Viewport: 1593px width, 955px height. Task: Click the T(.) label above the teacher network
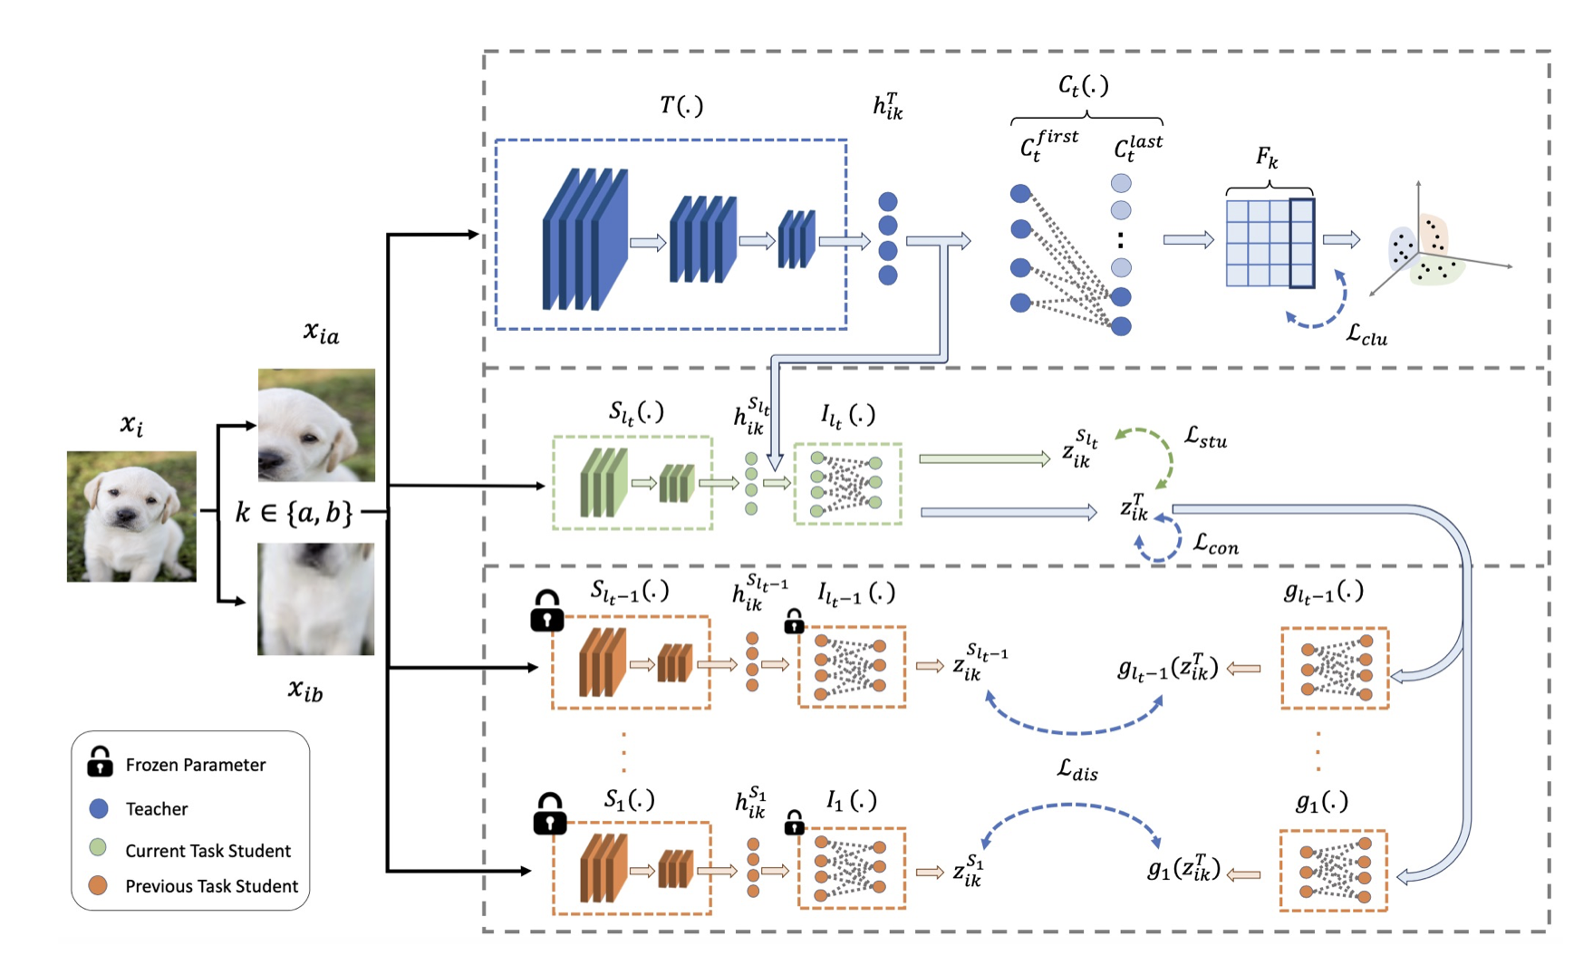click(681, 106)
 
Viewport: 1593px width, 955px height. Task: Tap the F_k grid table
click(1270, 243)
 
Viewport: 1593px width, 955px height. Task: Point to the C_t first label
click(1048, 145)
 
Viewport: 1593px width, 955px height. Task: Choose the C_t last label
click(1137, 148)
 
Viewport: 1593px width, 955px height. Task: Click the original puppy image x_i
click(131, 516)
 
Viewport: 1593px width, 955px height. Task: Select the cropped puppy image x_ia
click(316, 424)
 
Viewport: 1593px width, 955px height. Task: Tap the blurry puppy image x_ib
click(315, 599)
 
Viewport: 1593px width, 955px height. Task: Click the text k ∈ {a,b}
click(294, 513)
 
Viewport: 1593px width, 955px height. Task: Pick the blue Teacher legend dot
click(99, 808)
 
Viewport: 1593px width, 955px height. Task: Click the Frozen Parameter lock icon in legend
click(100, 762)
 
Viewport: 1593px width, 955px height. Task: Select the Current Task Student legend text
click(208, 850)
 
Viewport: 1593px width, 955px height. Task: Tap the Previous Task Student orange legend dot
click(98, 885)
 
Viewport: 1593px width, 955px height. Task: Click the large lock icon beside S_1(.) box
click(549, 814)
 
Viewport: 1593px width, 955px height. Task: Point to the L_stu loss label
click(1205, 439)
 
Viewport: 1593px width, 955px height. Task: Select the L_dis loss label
click(1077, 770)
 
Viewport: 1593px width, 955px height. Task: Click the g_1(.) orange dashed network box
click(1333, 870)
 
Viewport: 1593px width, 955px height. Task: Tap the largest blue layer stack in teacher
click(584, 240)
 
